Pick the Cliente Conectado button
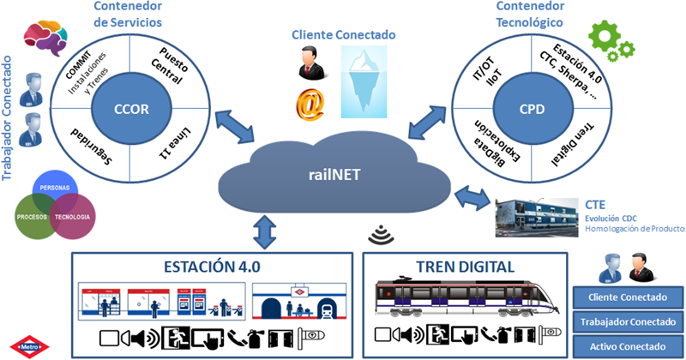(628, 298)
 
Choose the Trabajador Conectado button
(628, 322)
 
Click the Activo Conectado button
(628, 346)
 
